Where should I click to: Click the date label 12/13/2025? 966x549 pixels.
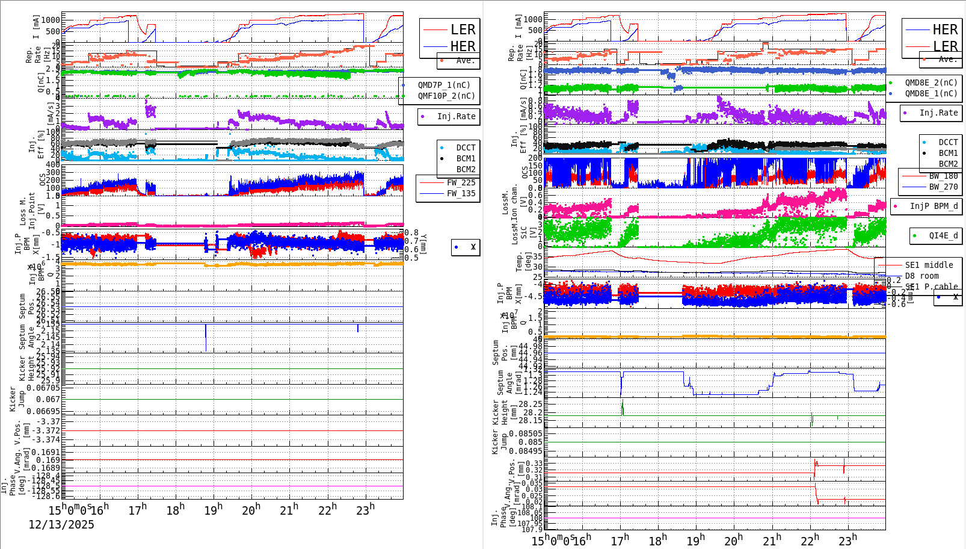click(61, 524)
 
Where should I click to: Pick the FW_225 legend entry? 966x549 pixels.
click(461, 182)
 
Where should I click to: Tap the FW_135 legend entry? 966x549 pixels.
click(461, 193)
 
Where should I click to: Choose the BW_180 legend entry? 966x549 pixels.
click(943, 176)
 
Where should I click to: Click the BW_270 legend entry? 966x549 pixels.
click(943, 187)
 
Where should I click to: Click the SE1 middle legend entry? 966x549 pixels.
click(929, 265)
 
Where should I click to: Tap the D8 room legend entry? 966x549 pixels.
click(921, 276)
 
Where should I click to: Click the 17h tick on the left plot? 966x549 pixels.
click(138, 510)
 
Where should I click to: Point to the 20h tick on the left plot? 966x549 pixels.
click(251, 510)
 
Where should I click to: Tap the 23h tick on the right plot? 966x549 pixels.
click(848, 540)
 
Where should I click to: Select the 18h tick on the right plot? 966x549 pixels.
click(657, 540)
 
